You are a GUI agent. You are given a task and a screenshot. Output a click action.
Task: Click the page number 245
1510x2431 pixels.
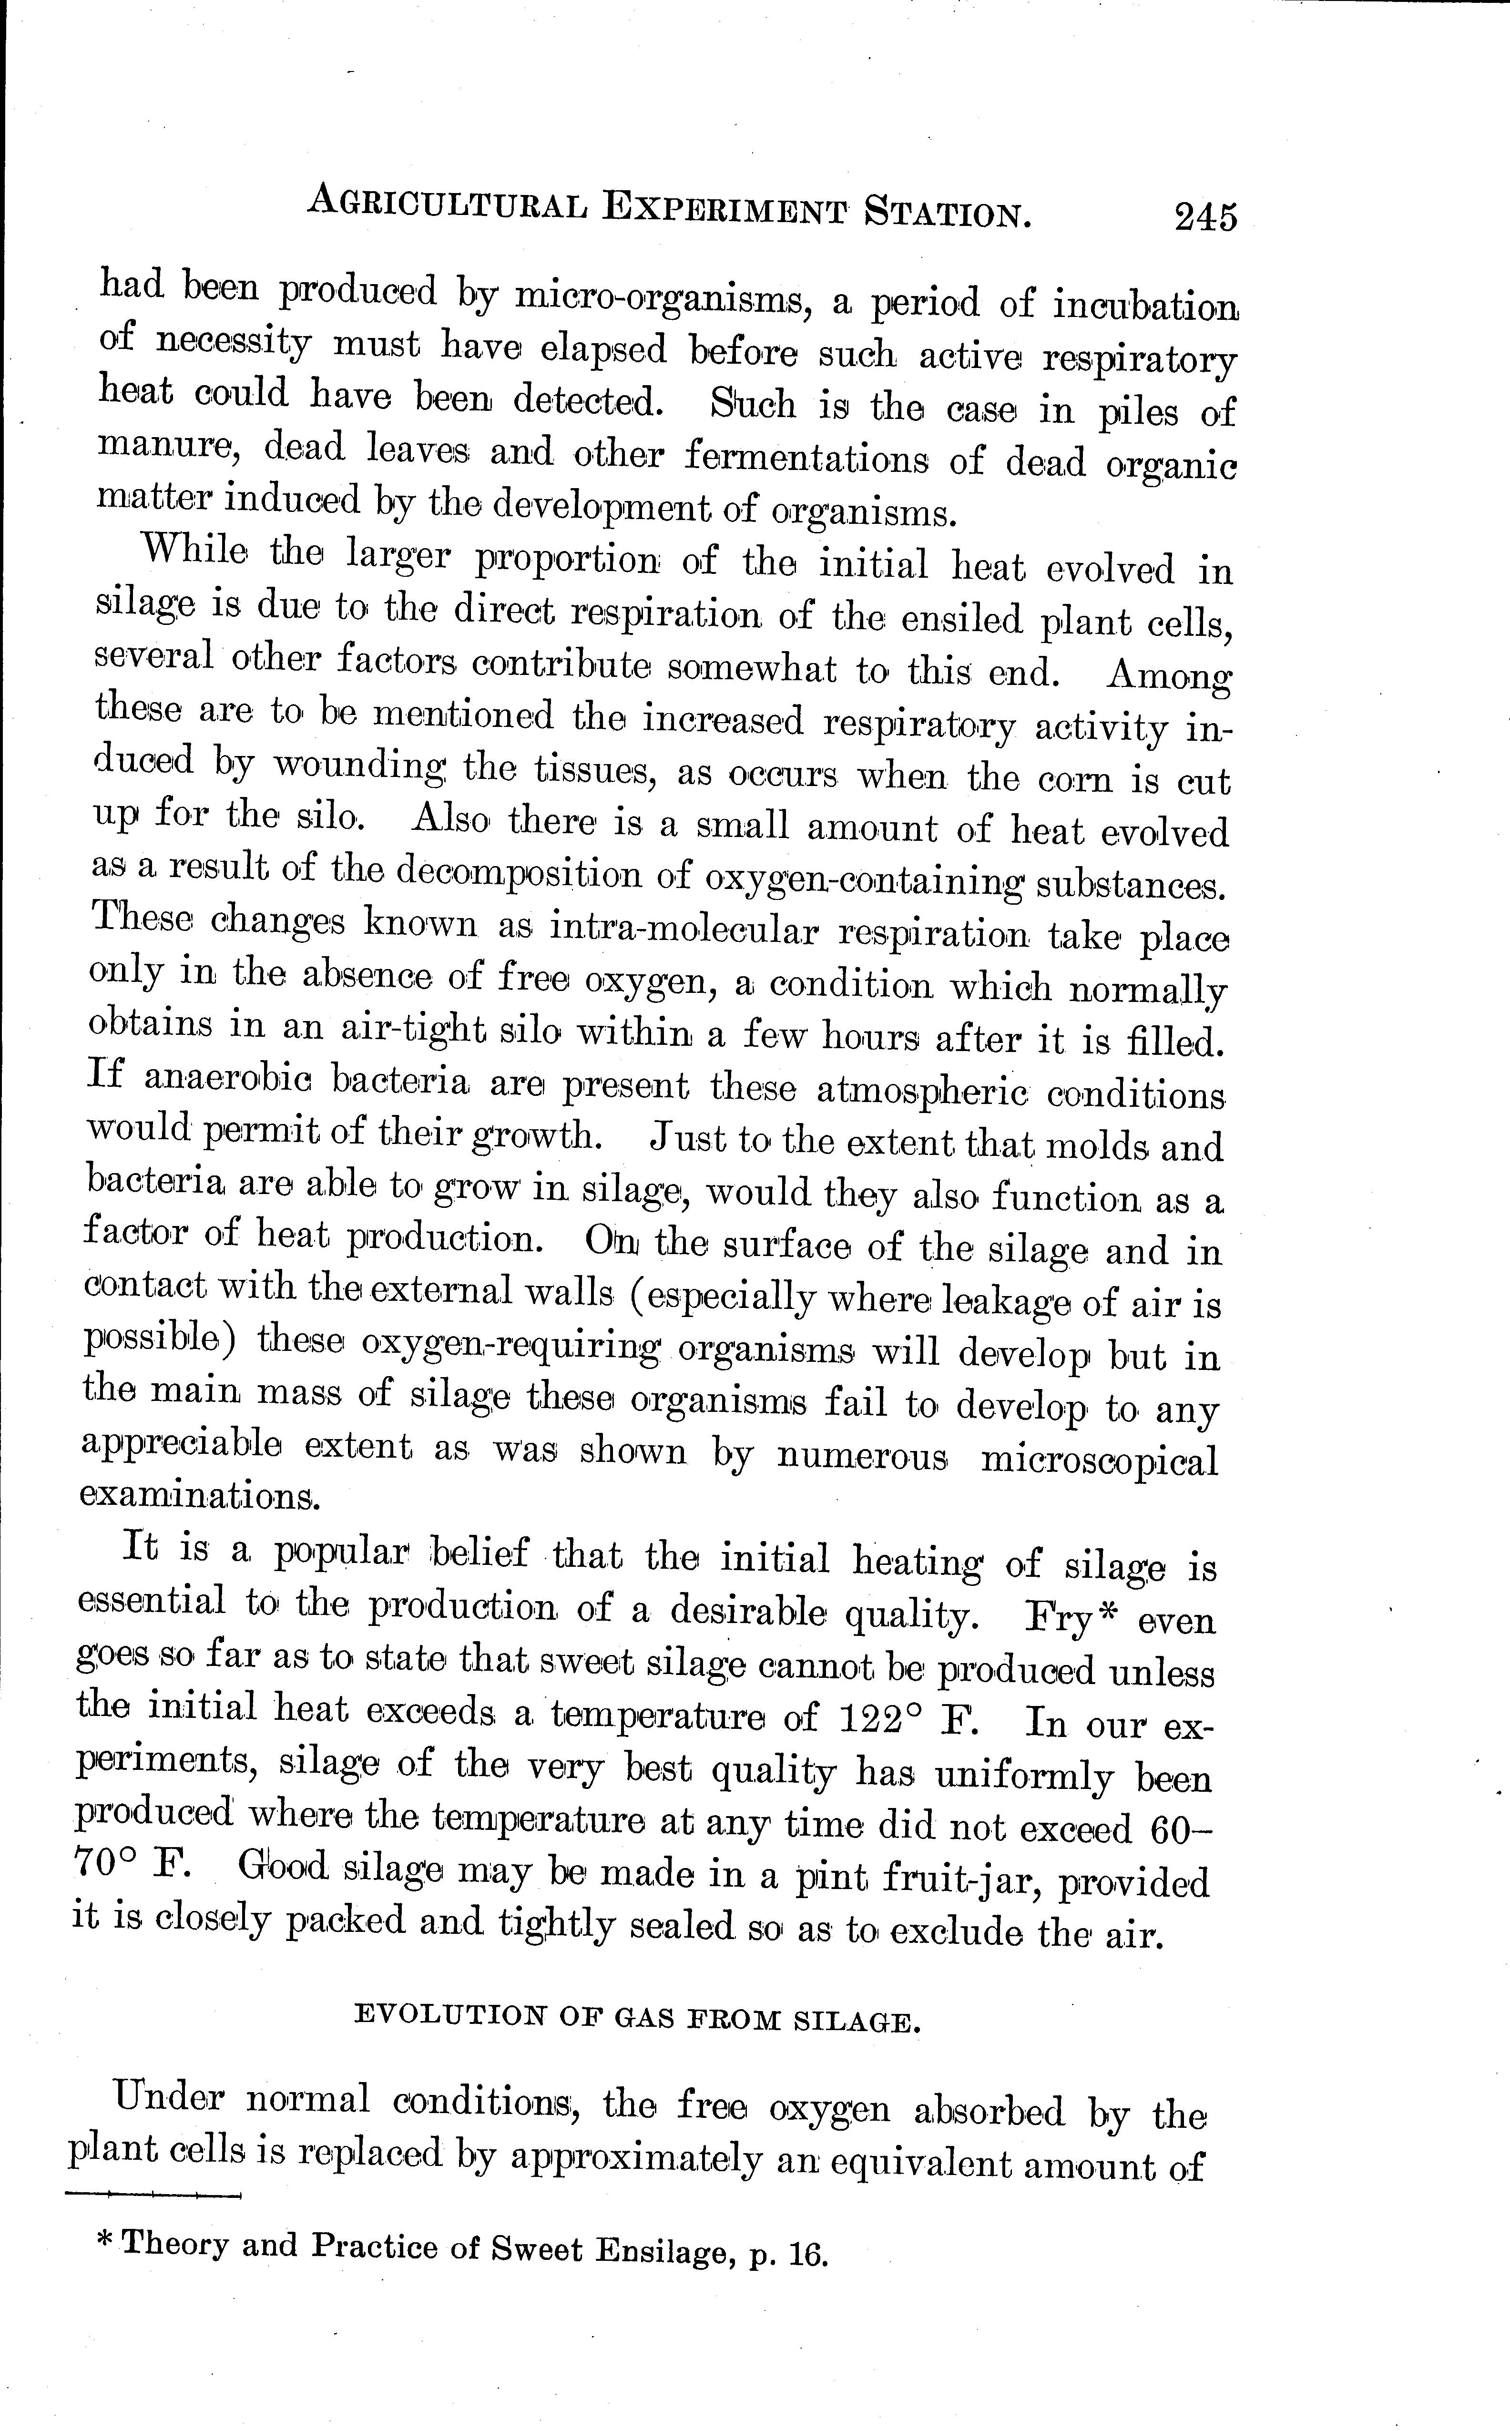(x=1205, y=216)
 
